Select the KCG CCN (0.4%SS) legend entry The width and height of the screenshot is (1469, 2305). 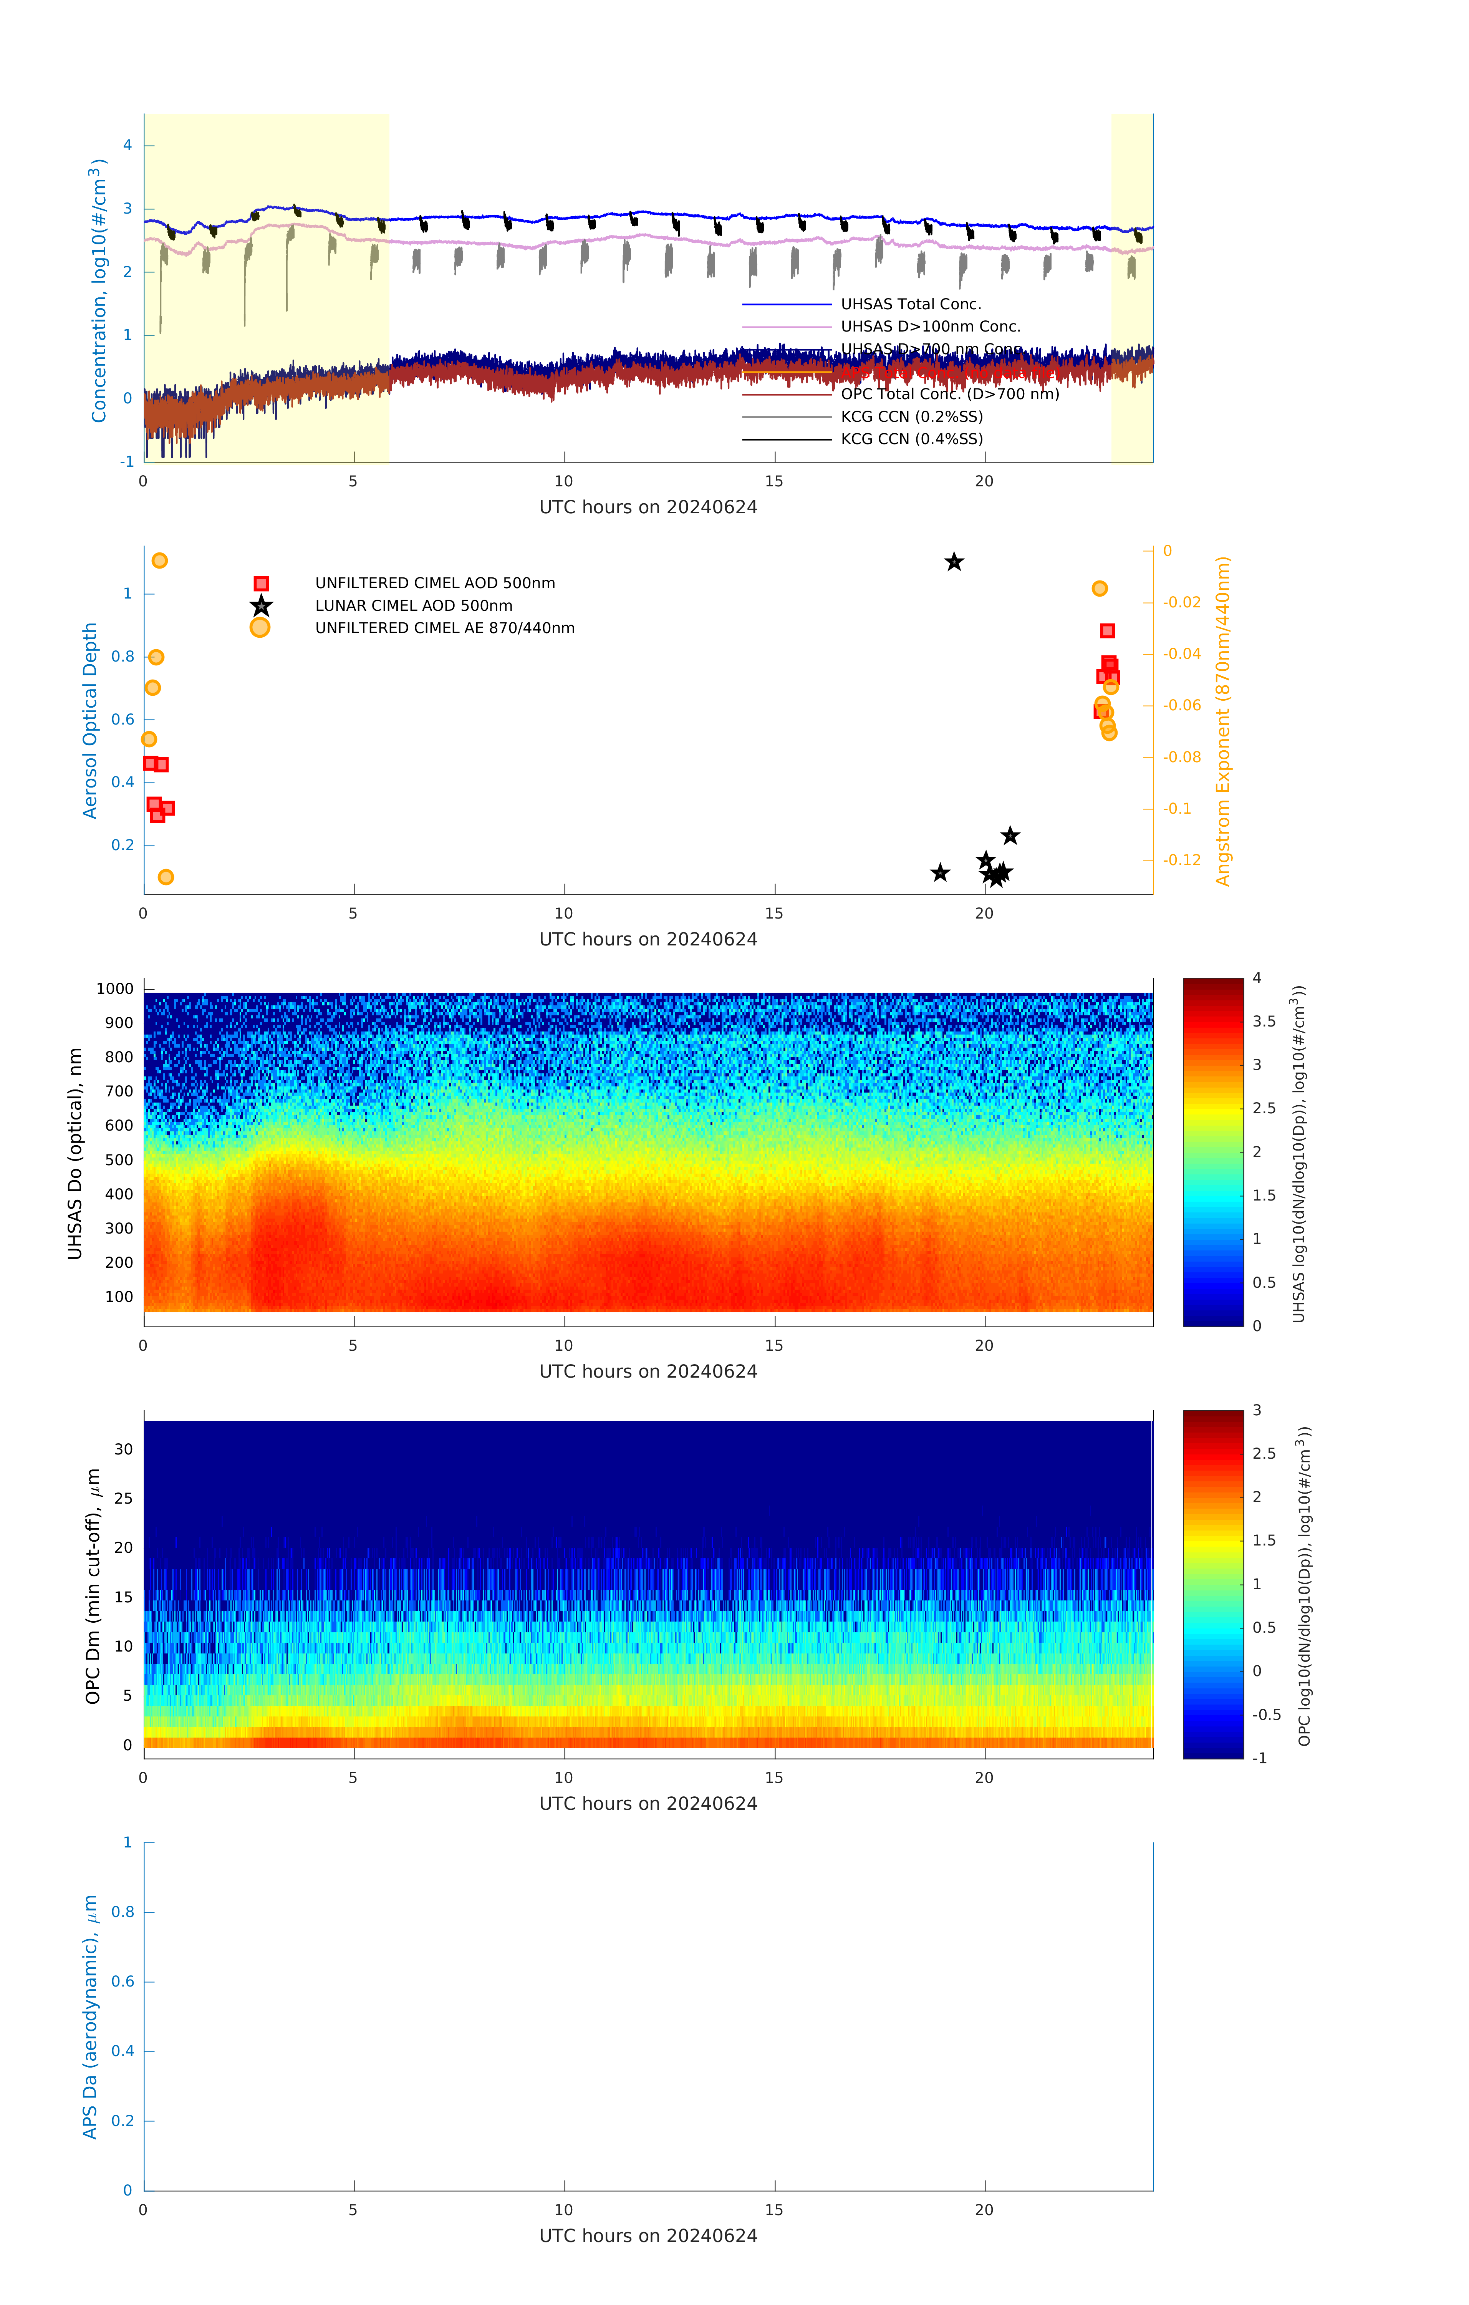tap(911, 439)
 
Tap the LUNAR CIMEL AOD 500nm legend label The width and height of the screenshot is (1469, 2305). tap(413, 606)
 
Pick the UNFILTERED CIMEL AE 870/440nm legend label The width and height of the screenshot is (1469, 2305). tap(445, 628)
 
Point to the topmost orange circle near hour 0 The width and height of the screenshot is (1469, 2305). tap(160, 560)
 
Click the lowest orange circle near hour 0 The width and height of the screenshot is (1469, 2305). tap(166, 877)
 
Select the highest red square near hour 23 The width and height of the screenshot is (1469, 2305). tap(1107, 631)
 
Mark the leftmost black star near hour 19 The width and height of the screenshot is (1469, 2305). tap(940, 873)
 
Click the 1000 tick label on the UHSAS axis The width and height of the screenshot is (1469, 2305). tap(115, 989)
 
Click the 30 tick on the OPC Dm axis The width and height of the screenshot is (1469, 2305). tap(123, 1449)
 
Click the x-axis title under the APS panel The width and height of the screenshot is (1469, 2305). tap(648, 2236)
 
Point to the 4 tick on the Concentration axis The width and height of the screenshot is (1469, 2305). tap(127, 146)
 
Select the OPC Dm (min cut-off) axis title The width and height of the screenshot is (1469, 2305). tap(93, 1586)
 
